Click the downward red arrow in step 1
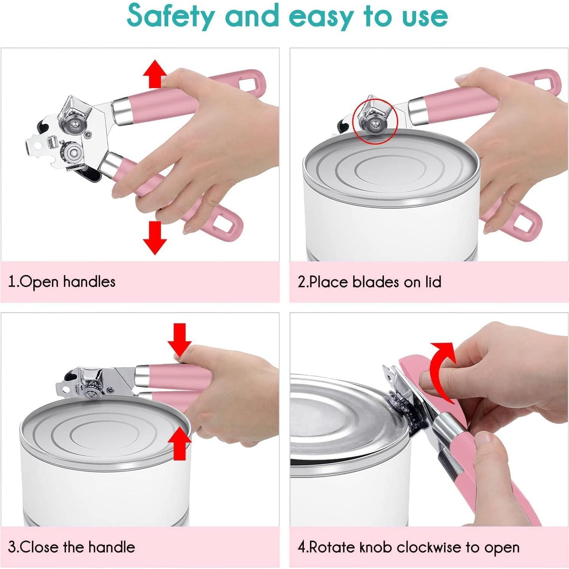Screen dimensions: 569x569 click(x=155, y=238)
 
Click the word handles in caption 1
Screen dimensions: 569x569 click(x=89, y=282)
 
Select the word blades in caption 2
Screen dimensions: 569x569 click(x=376, y=282)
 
